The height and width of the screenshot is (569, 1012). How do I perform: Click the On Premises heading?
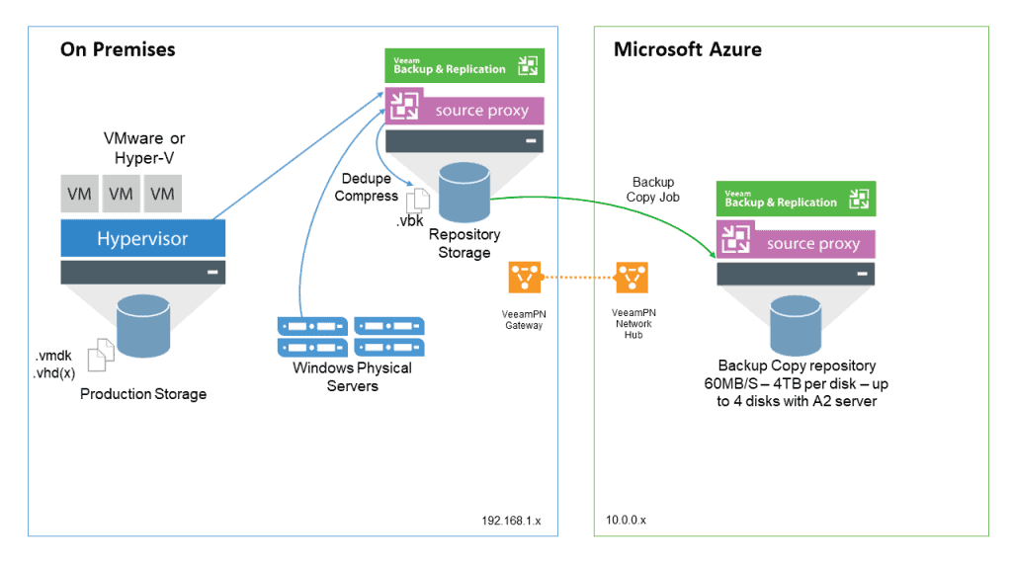[x=118, y=49]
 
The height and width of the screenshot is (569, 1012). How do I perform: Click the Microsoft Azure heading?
[x=688, y=49]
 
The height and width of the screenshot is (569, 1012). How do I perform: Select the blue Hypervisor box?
[x=142, y=238]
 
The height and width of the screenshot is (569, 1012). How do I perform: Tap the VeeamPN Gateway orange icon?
[x=524, y=278]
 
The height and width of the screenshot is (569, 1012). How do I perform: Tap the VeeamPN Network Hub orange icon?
[x=632, y=278]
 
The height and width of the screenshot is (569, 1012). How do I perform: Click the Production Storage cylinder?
[x=143, y=326]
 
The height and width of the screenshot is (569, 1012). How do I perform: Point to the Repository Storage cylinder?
[x=464, y=193]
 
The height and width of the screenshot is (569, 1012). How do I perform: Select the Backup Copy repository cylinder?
[x=796, y=326]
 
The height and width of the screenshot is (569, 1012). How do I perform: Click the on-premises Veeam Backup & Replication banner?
[x=464, y=66]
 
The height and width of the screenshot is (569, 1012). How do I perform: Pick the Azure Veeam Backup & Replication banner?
[x=796, y=199]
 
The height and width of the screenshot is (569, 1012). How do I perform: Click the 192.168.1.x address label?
[x=511, y=521]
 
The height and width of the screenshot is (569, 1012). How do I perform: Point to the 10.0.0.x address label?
[x=626, y=520]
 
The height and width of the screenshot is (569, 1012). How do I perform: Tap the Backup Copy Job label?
[x=652, y=190]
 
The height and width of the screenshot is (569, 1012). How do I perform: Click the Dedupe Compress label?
[x=366, y=187]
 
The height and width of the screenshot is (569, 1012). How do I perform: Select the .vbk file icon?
[x=418, y=201]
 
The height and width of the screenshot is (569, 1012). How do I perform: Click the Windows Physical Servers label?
[x=353, y=376]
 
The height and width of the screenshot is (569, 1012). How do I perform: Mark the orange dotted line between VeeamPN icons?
[x=578, y=278]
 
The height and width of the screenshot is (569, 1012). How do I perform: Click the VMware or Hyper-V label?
[x=144, y=148]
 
